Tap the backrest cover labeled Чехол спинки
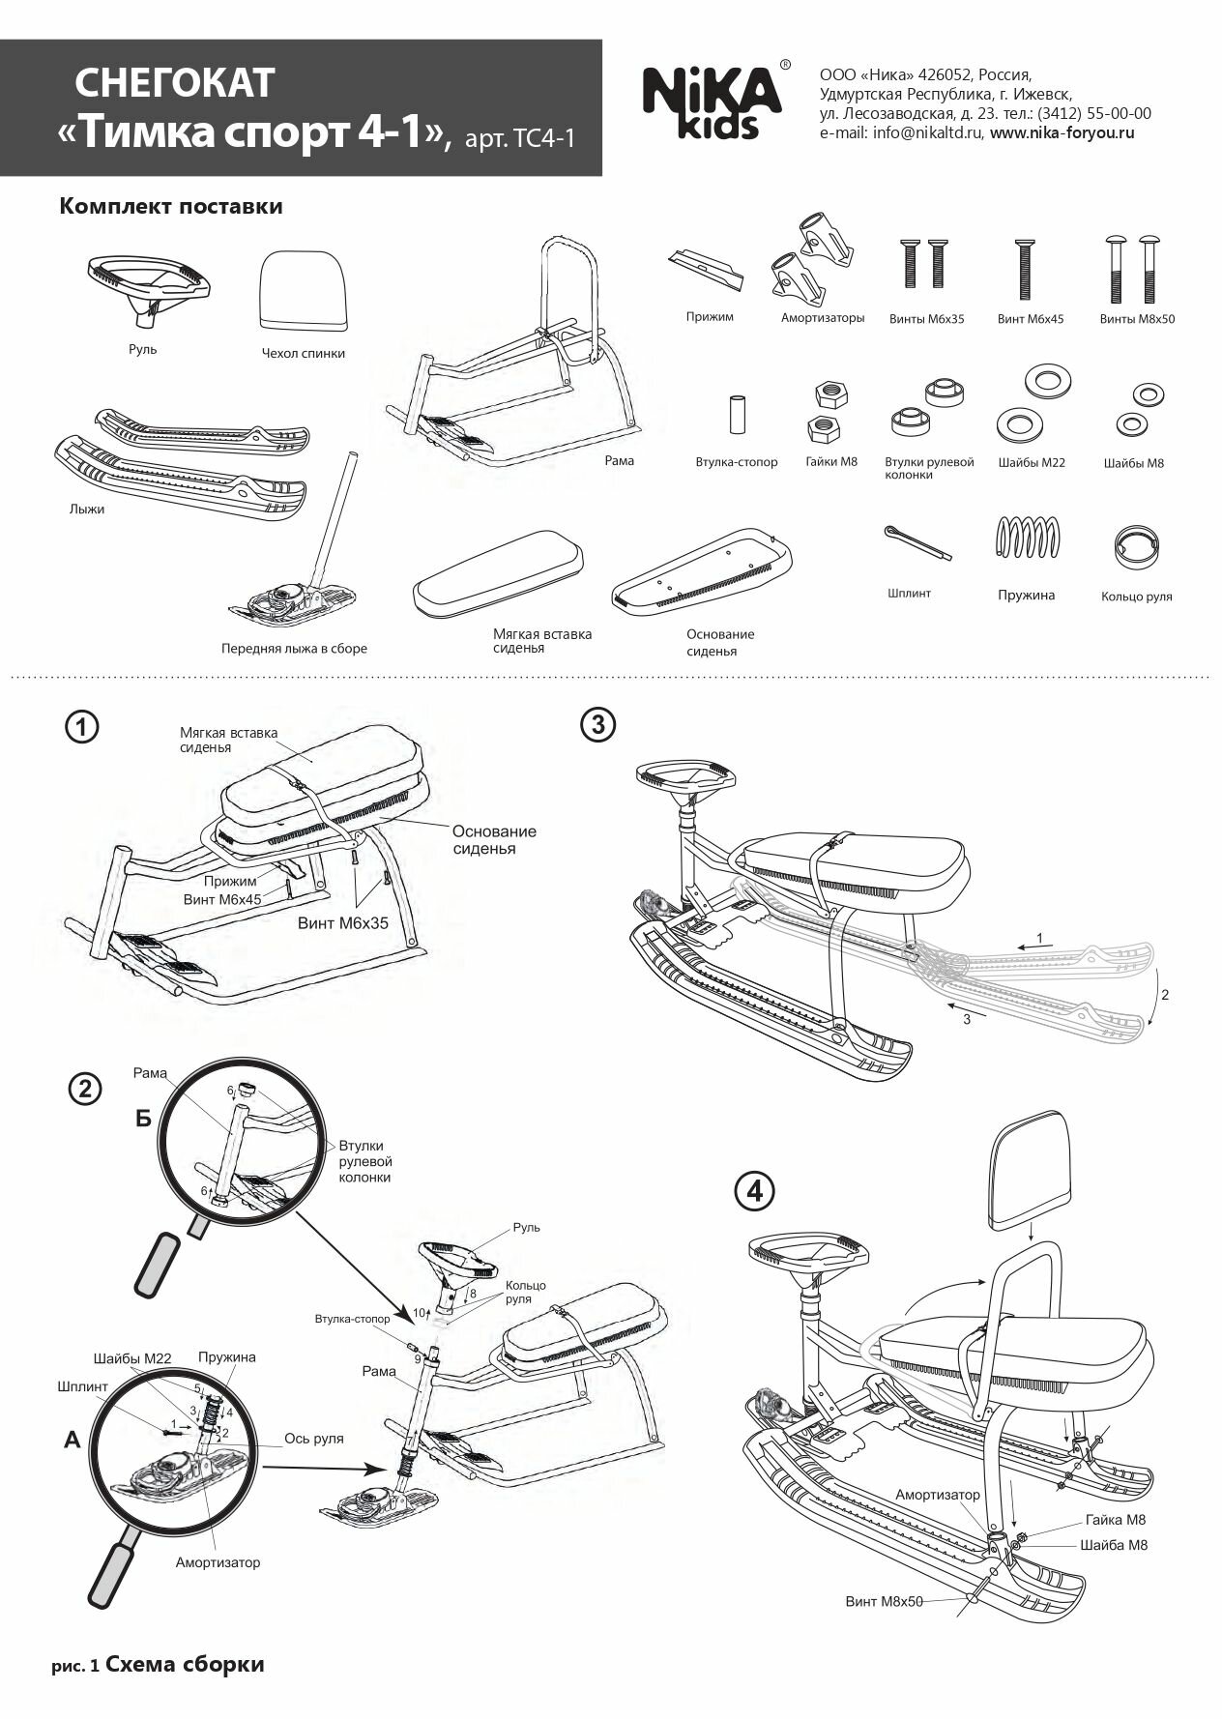click(302, 291)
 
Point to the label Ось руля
click(314, 1439)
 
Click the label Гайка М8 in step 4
click(1115, 1520)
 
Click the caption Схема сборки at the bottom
click(184, 1664)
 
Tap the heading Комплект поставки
click(171, 206)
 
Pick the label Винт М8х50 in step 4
click(884, 1601)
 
